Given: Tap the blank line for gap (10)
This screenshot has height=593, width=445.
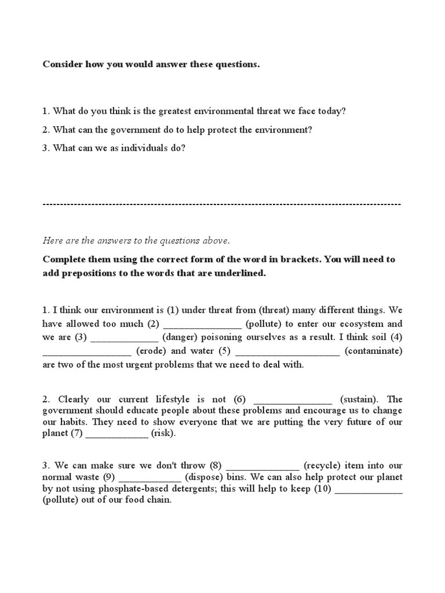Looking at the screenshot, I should click(369, 490).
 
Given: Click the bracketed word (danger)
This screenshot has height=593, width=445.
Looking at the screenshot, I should click(181, 337).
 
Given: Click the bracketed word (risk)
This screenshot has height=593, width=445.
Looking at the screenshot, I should click(163, 434).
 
